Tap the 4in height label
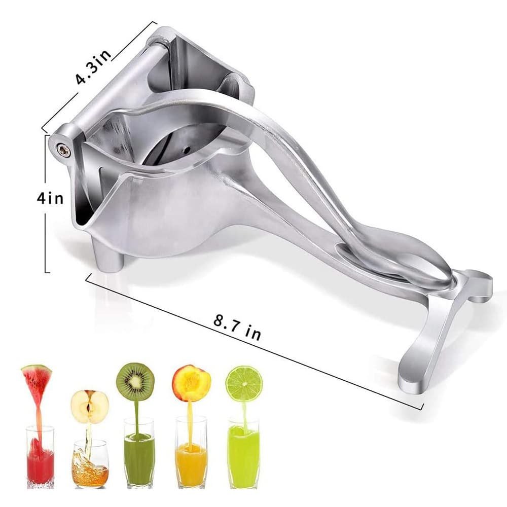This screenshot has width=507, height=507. pos(50,198)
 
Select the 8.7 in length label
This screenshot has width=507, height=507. pos(237,327)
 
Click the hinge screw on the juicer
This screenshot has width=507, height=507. pos(64,149)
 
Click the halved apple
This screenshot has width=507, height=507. pos(90,407)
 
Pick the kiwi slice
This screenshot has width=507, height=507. pos(135,382)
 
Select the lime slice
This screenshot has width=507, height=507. pos(244,384)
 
